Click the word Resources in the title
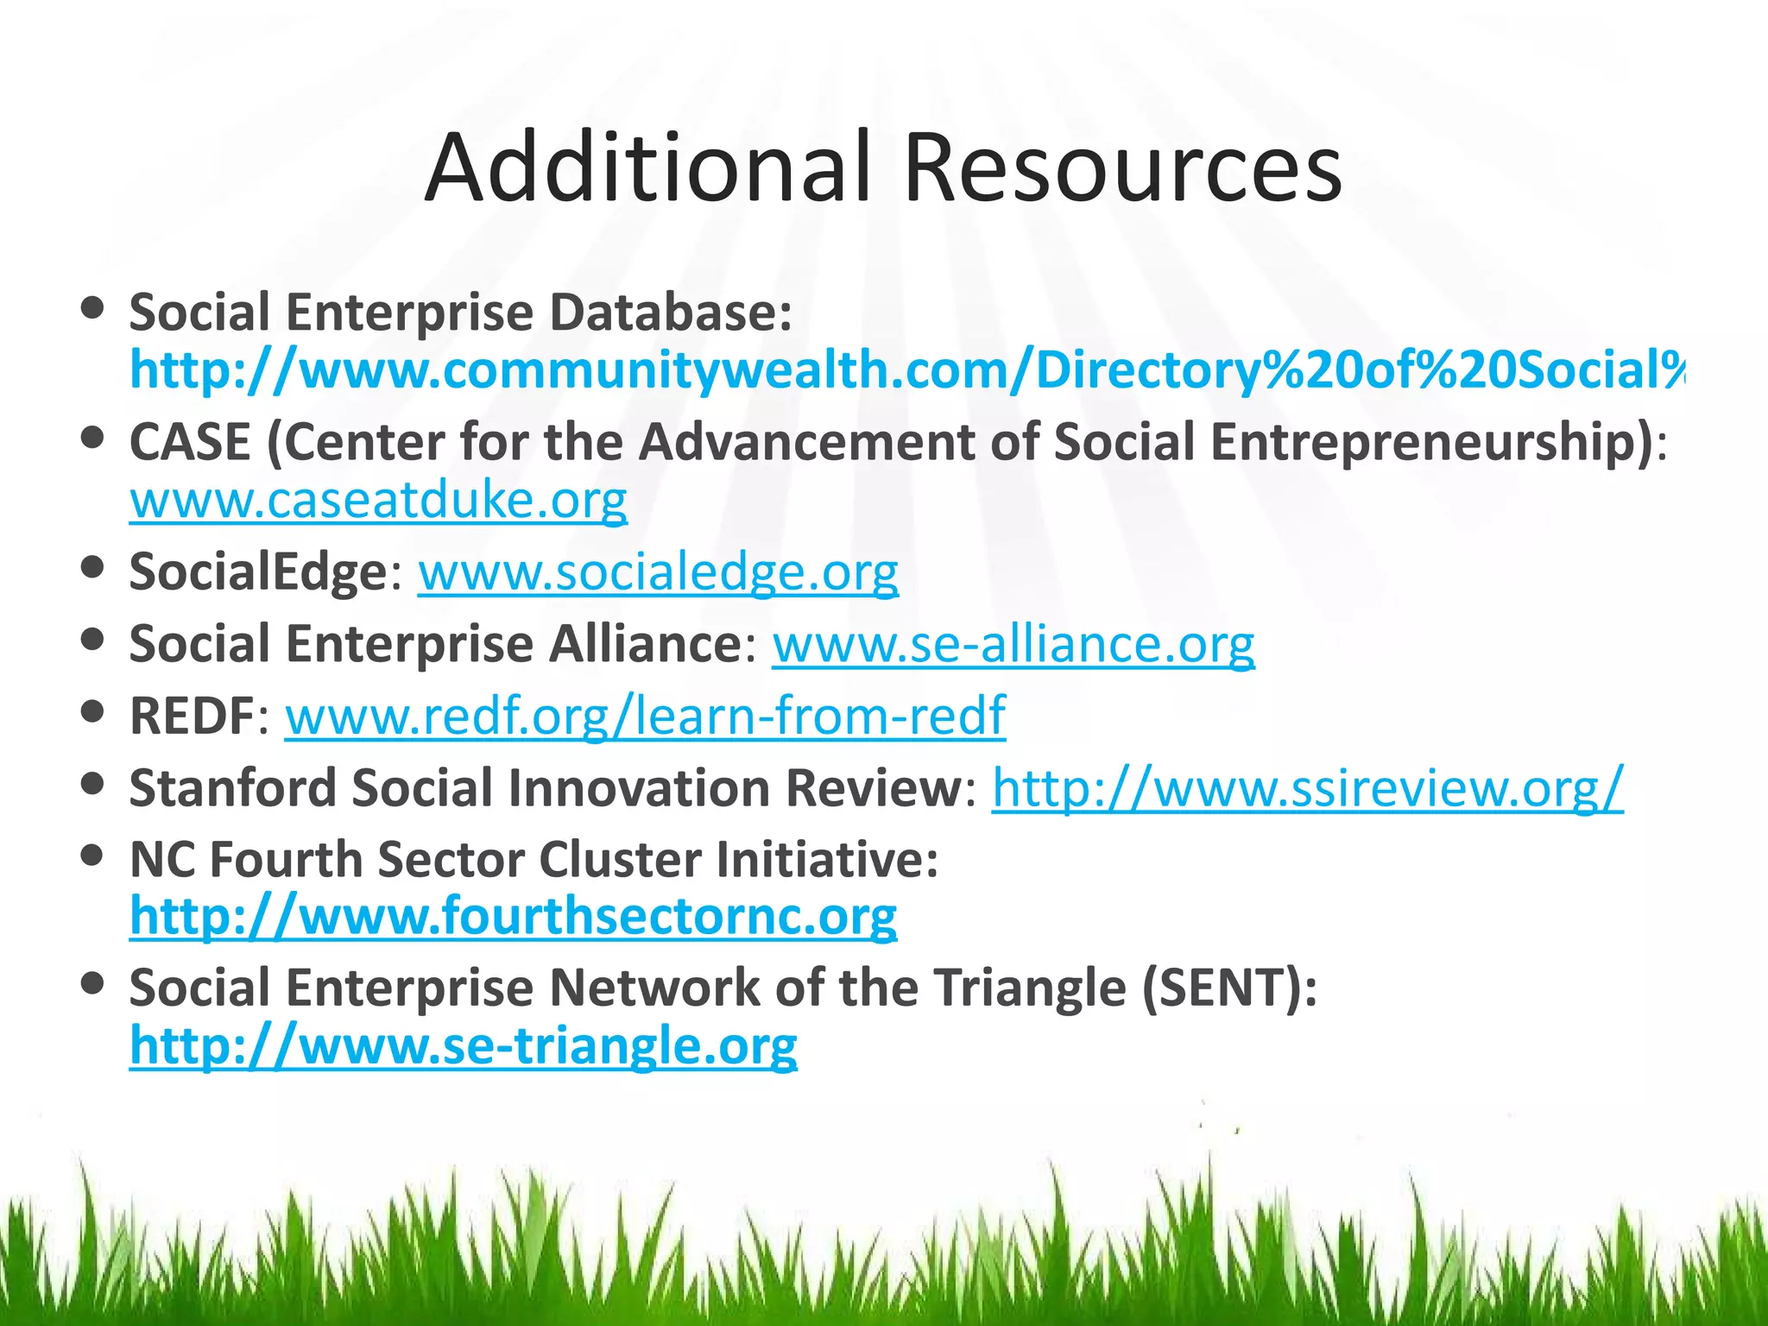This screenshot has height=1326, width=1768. pos(1122,168)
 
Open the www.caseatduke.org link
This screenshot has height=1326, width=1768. pos(378,501)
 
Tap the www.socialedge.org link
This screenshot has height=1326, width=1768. pos(658,572)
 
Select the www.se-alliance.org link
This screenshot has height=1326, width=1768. pos(1013,645)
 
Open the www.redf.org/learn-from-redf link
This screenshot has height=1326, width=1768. pos(645,717)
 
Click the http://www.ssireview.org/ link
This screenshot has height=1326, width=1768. pos(1307,788)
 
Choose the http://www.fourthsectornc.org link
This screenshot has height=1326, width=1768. pos(513,917)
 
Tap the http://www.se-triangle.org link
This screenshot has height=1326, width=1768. pos(463,1046)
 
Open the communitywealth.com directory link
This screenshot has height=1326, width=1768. pos(906,371)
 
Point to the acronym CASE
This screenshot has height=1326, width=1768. pos(190,443)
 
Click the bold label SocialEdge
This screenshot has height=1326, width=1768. pos(257,572)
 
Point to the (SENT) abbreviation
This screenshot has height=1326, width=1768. pos(1229,988)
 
